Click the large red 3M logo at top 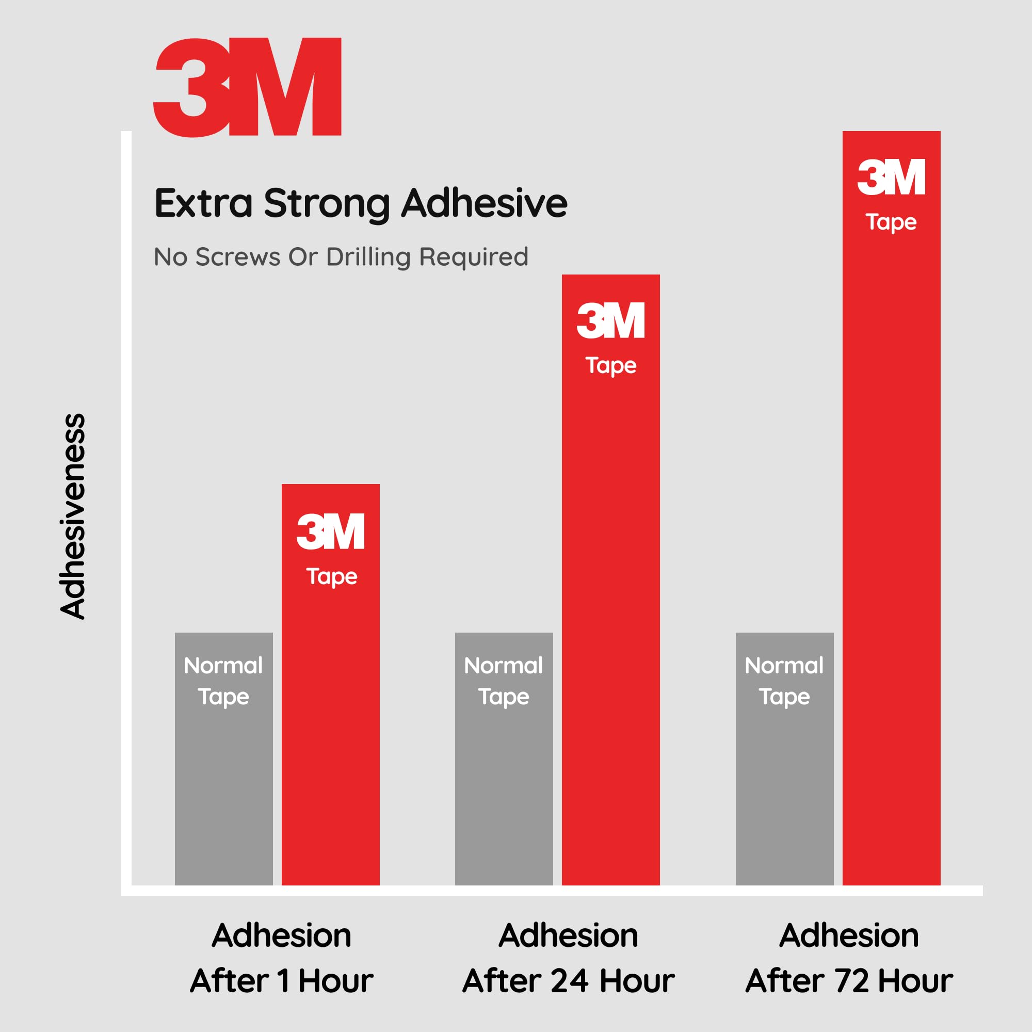247,87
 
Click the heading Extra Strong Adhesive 361,203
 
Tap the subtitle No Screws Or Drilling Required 341,257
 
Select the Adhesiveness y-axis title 73,516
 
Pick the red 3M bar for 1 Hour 331,695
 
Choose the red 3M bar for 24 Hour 610,588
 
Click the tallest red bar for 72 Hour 891,507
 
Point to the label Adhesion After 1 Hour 282,958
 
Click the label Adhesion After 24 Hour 568,958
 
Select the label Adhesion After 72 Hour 849,958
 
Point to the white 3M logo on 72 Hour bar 891,178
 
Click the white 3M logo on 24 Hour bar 610,320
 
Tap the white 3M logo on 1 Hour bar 331,531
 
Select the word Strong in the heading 327,203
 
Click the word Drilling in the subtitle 368,257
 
